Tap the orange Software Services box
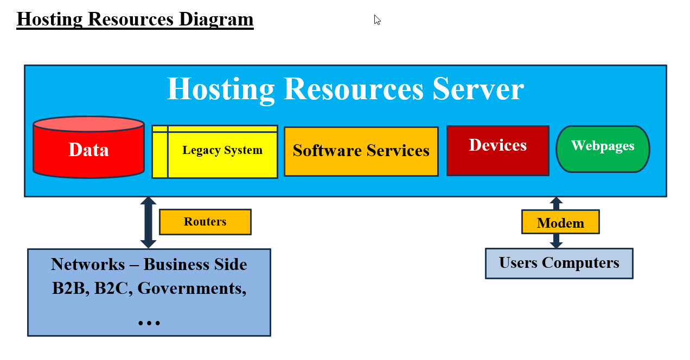(x=361, y=151)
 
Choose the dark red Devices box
(x=497, y=151)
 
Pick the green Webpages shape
(x=603, y=149)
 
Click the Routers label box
(x=205, y=222)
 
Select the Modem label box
(x=560, y=222)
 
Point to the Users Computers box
(x=559, y=263)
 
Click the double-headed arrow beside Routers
(x=148, y=222)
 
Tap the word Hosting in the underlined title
(x=49, y=19)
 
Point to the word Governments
(x=191, y=288)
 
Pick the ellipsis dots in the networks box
(x=149, y=323)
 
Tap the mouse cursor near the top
(x=377, y=20)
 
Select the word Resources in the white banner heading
(x=353, y=89)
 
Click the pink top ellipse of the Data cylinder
(x=88, y=124)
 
